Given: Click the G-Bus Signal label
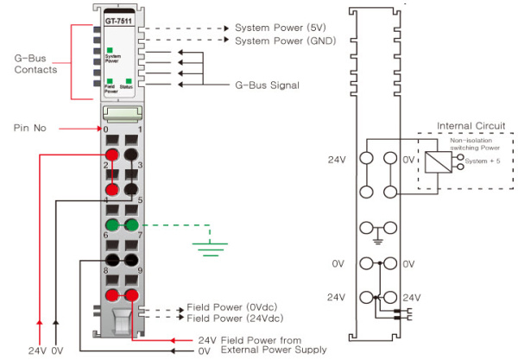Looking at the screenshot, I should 267,85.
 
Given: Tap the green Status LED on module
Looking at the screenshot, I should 129,80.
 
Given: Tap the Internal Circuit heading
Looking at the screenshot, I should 466,126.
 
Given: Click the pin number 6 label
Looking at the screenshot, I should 104,236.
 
